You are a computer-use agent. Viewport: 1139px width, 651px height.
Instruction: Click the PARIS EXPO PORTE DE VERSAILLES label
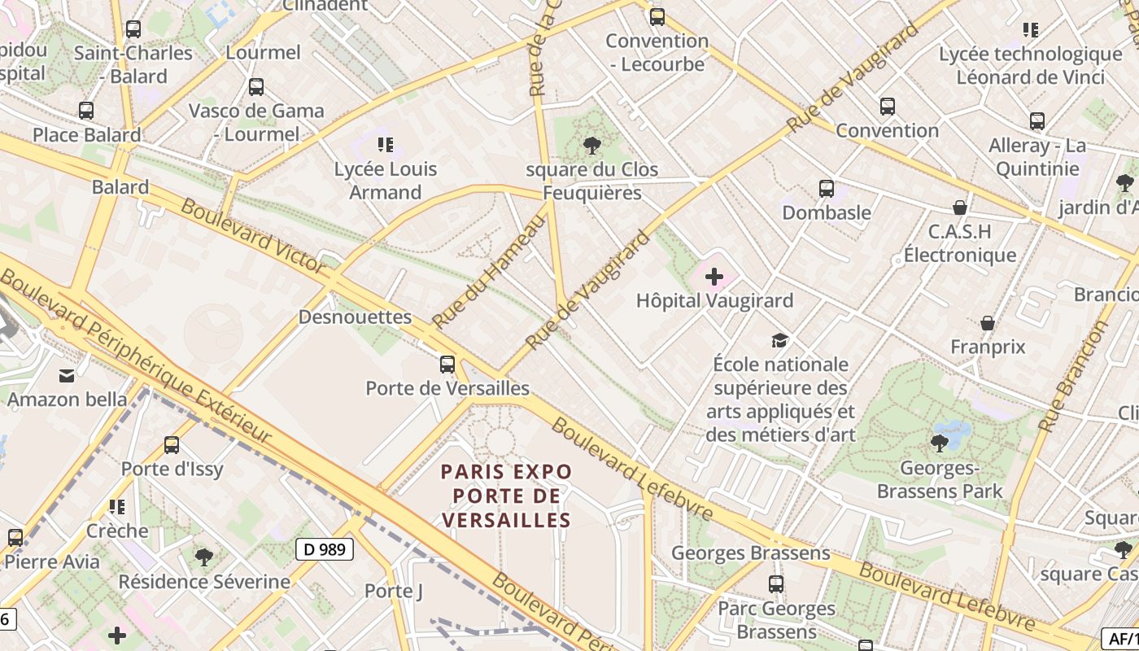[506, 496]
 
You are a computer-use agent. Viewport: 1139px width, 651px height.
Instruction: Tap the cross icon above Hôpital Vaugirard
[714, 277]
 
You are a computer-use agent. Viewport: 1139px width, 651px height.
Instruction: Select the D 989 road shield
[325, 549]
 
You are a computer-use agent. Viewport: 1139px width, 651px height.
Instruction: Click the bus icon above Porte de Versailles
[447, 365]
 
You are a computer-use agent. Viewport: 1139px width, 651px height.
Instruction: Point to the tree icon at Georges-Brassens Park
[940, 443]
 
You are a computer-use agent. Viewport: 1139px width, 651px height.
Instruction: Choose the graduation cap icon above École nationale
[780, 340]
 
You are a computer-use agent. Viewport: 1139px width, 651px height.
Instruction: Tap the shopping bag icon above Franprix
[988, 323]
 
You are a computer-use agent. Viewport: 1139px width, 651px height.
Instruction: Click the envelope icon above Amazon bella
[67, 375]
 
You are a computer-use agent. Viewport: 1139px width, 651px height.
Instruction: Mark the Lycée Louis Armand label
[386, 181]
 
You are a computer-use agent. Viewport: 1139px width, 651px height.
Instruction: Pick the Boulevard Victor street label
[253, 235]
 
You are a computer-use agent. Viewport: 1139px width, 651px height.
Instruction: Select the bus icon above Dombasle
[827, 189]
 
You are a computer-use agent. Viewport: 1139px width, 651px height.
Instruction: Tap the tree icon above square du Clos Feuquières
[592, 146]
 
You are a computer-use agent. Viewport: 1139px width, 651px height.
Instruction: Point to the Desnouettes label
[355, 317]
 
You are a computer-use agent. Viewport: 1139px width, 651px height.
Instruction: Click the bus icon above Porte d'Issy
[172, 445]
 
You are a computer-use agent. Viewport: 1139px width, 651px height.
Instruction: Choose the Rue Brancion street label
[1074, 376]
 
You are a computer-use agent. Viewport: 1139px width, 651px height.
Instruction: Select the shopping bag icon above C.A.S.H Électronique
[960, 208]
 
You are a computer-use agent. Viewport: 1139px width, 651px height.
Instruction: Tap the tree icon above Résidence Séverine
[204, 557]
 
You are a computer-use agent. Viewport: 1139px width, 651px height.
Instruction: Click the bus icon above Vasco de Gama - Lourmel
[256, 86]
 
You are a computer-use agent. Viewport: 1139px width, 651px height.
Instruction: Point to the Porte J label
[394, 591]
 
